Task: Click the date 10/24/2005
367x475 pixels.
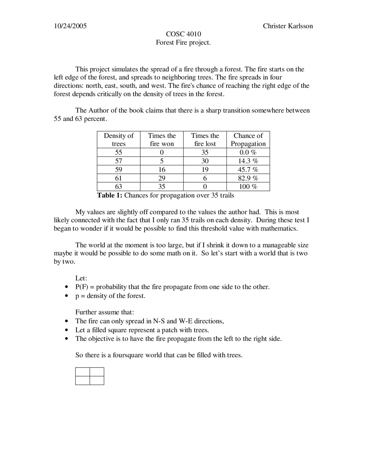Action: pos(70,26)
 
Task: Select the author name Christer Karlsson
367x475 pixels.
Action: pos(288,26)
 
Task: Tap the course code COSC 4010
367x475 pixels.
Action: pos(183,34)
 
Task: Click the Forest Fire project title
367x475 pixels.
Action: pos(183,42)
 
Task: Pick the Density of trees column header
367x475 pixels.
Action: pos(119,140)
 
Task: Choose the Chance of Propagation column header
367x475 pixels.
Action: pos(248,140)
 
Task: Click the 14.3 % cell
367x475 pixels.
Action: pos(248,161)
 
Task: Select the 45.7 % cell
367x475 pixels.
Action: pos(248,170)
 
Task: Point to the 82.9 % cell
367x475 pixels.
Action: pos(248,178)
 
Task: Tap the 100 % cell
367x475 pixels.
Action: pos(248,187)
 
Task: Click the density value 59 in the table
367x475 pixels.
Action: pos(118,170)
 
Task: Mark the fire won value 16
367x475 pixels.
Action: pos(162,170)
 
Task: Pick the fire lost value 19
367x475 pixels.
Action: pos(205,170)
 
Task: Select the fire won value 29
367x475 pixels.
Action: pos(162,178)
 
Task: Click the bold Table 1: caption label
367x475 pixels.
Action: pos(110,195)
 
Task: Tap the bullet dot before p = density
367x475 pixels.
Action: pos(67,296)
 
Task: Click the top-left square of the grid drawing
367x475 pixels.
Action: pos(83,372)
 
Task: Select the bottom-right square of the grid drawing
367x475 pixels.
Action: pos(97,381)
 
